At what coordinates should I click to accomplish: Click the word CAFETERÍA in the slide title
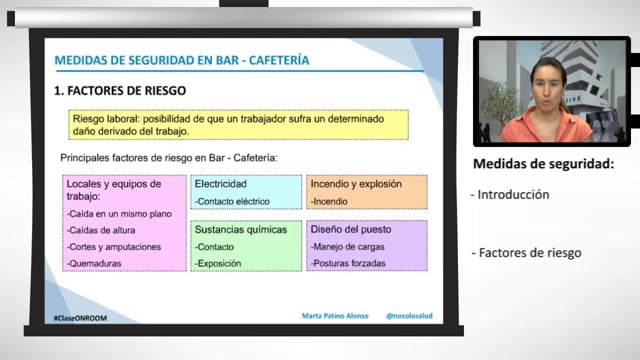(279, 60)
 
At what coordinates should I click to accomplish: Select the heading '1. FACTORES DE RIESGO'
(120, 91)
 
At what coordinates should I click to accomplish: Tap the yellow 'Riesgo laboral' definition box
(238, 125)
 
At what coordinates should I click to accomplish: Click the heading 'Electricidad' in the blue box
(220, 184)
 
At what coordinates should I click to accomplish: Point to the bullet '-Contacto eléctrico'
(232, 201)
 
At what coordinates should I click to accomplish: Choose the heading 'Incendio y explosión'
(356, 184)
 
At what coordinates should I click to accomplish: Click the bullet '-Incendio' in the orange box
(329, 201)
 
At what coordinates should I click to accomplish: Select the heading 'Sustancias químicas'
(241, 230)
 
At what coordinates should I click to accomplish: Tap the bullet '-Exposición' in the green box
(218, 263)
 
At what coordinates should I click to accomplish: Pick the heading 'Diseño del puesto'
(351, 229)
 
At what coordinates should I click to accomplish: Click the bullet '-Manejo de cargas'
(347, 247)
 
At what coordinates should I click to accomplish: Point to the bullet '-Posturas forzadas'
(348, 263)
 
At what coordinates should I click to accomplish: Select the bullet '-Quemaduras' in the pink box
(94, 263)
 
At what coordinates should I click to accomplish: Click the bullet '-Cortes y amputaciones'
(114, 247)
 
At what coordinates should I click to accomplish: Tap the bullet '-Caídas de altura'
(101, 230)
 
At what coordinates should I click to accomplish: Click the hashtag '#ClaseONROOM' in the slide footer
(80, 318)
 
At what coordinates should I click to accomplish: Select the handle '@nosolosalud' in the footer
(409, 316)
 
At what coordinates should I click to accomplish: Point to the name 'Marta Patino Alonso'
(335, 316)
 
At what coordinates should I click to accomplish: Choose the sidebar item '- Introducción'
(510, 195)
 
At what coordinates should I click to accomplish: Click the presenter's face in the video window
(548, 86)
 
